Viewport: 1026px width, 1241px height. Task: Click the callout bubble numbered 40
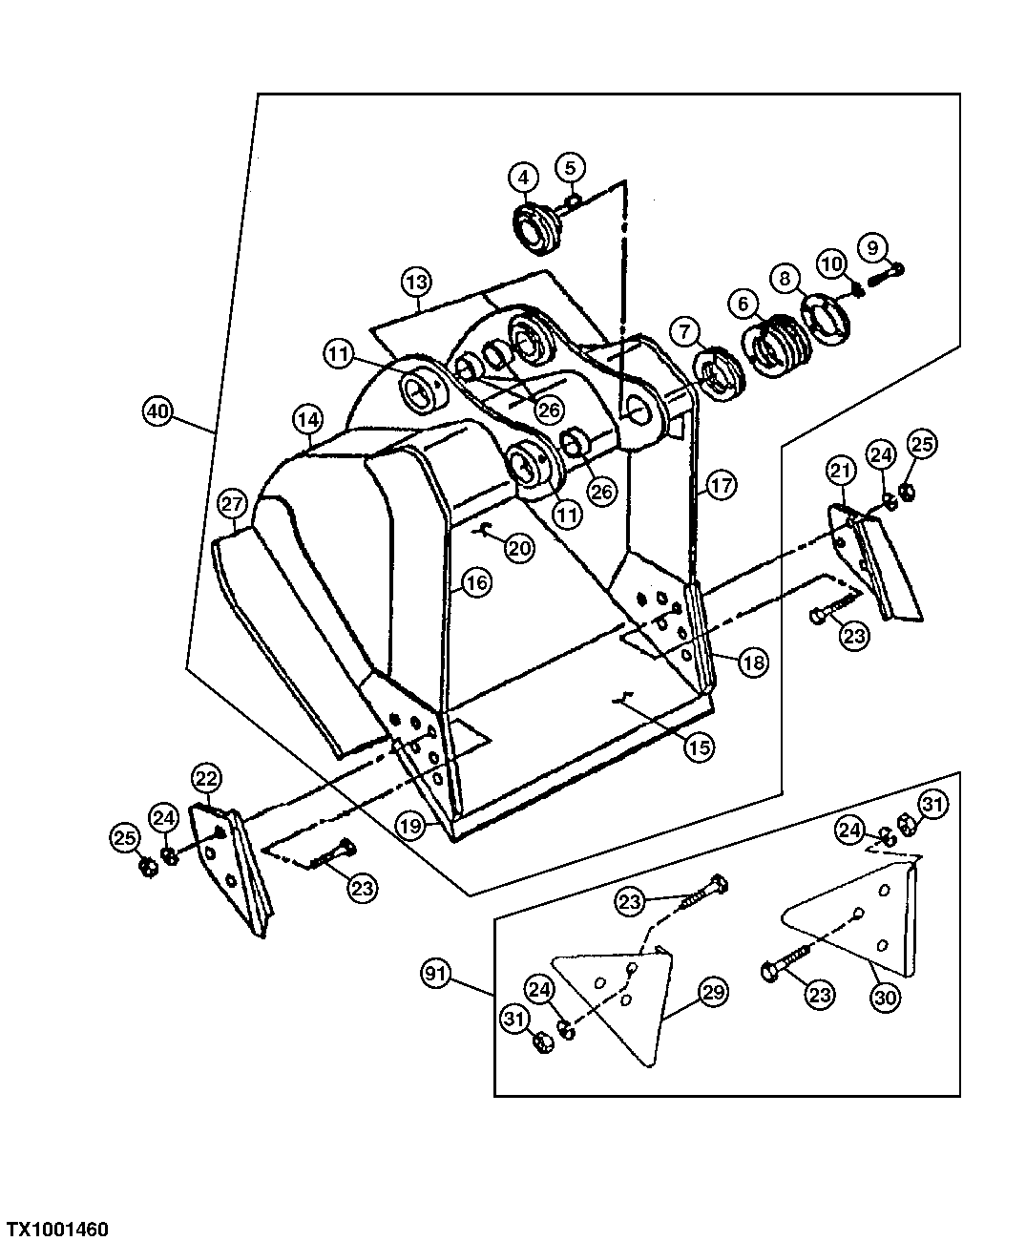157,412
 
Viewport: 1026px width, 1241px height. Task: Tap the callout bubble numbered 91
435,974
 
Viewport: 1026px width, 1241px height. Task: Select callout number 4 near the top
523,177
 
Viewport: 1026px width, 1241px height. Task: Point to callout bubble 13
416,283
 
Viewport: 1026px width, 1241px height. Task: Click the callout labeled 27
233,503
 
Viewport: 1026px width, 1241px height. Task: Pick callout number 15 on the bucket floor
699,747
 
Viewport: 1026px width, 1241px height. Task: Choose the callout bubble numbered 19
410,825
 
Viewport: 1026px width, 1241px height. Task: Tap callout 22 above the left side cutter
207,778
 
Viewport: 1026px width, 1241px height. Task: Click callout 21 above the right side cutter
840,470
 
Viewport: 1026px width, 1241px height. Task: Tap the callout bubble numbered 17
722,485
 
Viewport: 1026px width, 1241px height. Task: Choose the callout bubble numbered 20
519,548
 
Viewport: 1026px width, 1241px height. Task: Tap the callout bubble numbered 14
307,418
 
